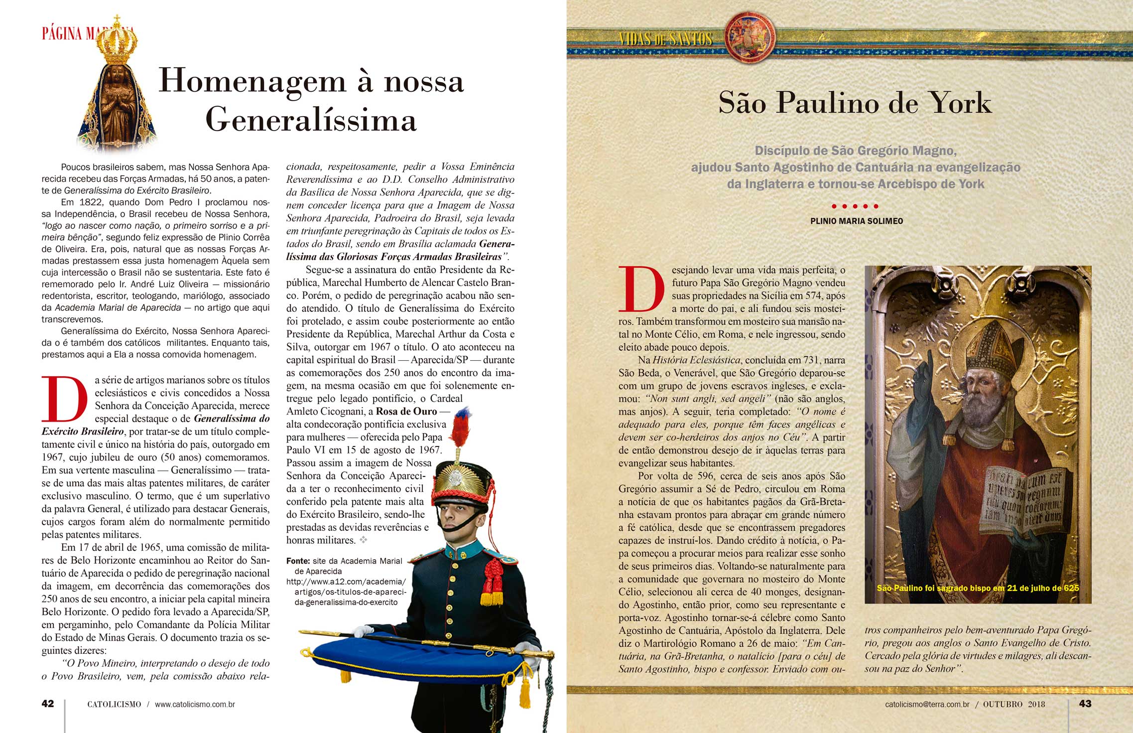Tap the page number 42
coord(48,704)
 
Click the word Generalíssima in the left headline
coord(311,120)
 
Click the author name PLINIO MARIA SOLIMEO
coord(856,221)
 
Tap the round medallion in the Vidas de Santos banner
coord(750,37)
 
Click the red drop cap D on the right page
coord(641,289)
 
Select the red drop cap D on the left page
coord(64,399)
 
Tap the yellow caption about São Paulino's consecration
coord(978,588)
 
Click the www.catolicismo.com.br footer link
coord(195,705)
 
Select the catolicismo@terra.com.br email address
coord(927,704)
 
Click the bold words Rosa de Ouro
coord(406,412)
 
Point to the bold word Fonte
coord(298,561)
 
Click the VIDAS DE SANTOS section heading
coord(665,39)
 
